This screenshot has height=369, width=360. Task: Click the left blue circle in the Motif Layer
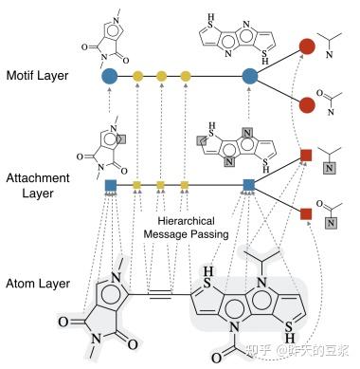(x=110, y=75)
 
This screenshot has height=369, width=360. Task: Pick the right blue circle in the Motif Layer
(x=250, y=75)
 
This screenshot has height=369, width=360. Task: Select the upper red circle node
(x=307, y=46)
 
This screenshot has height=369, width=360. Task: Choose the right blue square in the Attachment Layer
(x=249, y=184)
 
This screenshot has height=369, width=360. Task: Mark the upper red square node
(x=306, y=155)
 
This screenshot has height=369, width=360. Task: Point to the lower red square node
(x=306, y=213)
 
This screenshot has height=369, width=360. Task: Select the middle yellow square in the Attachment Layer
(x=161, y=184)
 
